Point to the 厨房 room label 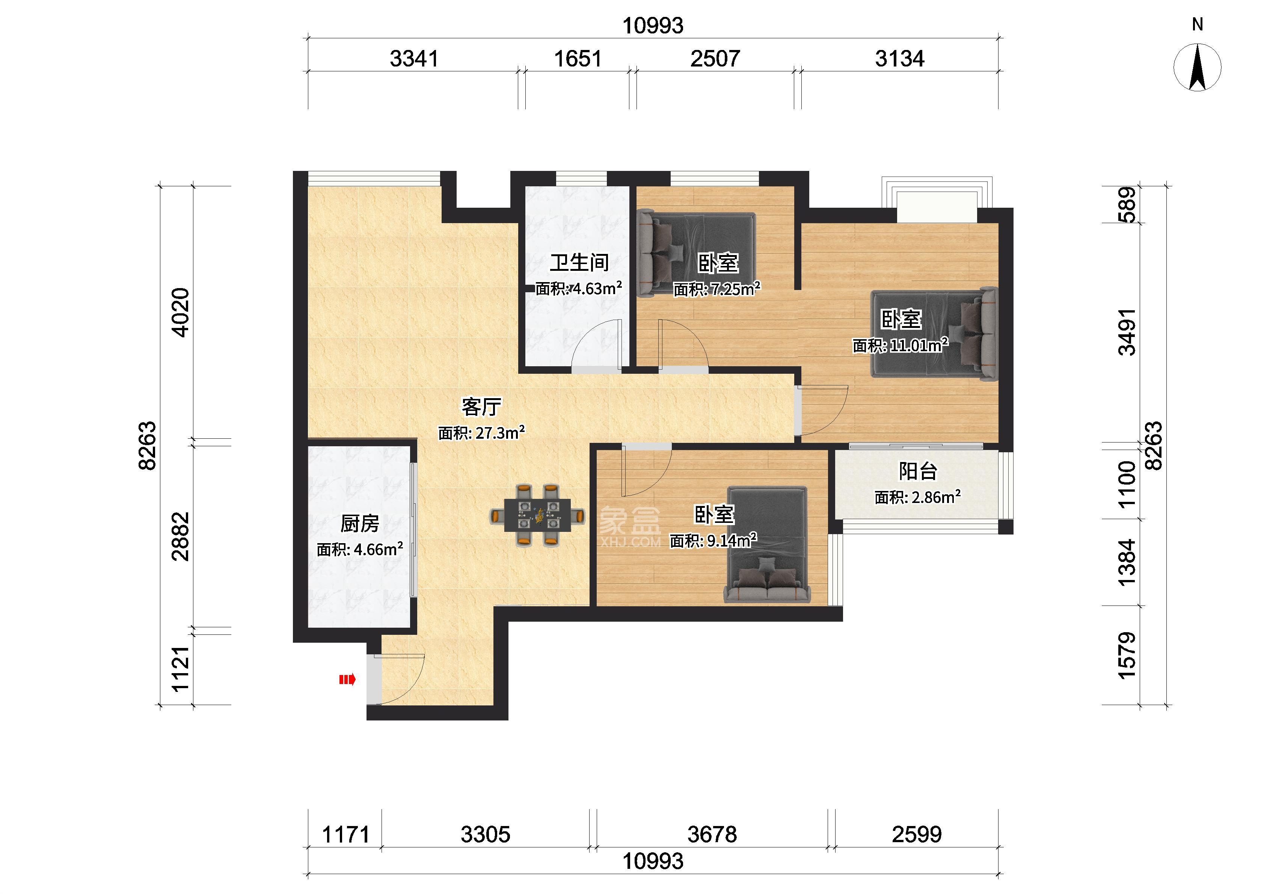pyautogui.click(x=360, y=524)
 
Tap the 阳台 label pyautogui.click(x=918, y=471)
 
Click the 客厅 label pyautogui.click(x=481, y=407)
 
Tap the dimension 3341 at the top pyautogui.click(x=414, y=58)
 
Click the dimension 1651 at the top pyautogui.click(x=578, y=58)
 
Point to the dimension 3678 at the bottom pyautogui.click(x=712, y=835)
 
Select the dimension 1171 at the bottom pyautogui.click(x=345, y=835)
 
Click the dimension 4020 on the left pyautogui.click(x=181, y=312)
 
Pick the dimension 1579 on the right pyautogui.click(x=1127, y=655)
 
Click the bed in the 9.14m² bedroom pyautogui.click(x=768, y=544)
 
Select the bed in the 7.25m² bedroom pyautogui.click(x=696, y=254)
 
